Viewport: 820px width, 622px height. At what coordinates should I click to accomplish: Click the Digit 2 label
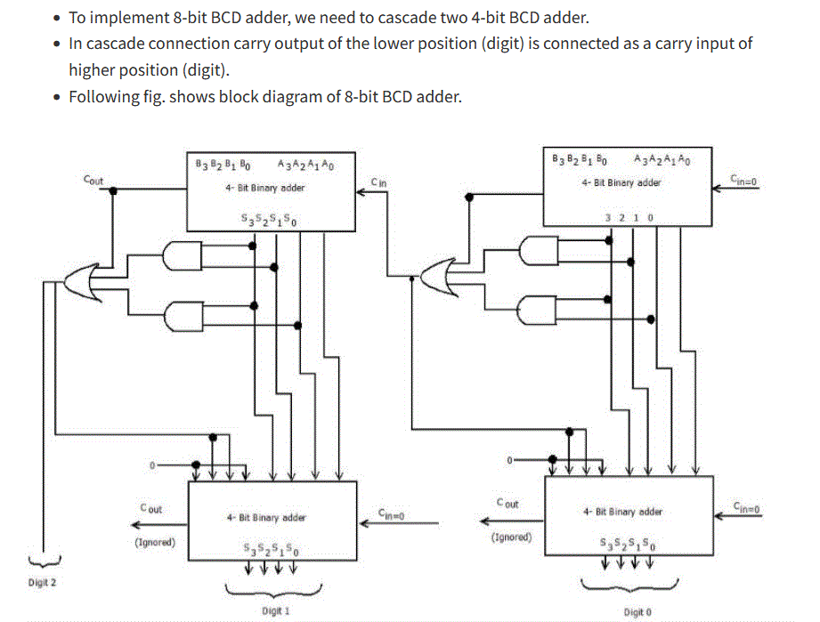tap(42, 583)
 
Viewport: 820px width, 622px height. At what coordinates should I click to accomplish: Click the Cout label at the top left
tap(93, 180)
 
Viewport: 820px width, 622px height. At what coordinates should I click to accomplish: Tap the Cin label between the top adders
tap(378, 182)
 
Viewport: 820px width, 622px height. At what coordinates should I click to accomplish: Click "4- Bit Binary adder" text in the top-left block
tap(265, 188)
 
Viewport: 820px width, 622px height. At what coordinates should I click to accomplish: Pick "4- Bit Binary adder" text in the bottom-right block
tap(622, 512)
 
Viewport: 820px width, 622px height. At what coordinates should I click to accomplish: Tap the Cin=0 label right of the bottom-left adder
tap(392, 513)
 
